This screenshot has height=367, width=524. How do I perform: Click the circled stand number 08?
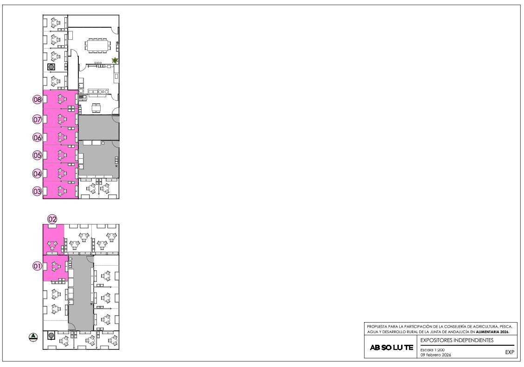tap(37, 100)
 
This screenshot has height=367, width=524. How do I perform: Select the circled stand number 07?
tap(37, 119)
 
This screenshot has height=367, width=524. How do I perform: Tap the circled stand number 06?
tap(37, 137)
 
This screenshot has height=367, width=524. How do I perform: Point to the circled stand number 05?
tap(37, 155)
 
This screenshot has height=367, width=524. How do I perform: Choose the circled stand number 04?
tap(37, 174)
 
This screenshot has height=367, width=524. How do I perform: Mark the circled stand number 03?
tap(37, 192)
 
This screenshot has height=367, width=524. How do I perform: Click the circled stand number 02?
tap(52, 219)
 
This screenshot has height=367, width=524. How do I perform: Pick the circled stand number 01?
tap(37, 266)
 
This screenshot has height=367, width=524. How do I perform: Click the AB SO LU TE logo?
tap(391, 348)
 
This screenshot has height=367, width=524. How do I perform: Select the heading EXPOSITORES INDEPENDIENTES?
tap(457, 340)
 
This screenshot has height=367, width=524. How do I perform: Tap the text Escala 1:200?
tap(433, 350)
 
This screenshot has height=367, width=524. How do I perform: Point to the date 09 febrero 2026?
tap(435, 355)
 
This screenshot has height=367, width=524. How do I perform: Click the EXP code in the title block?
tap(510, 352)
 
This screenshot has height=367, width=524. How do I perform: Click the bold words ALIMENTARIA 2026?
tap(492, 332)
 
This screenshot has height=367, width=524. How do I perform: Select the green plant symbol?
tap(115, 60)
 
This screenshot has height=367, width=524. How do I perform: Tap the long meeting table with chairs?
tap(97, 45)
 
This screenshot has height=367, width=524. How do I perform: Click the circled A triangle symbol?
tap(33, 337)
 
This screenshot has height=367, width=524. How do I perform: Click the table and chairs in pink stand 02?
tap(52, 246)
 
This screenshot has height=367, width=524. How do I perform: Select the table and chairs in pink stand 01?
tap(56, 267)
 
